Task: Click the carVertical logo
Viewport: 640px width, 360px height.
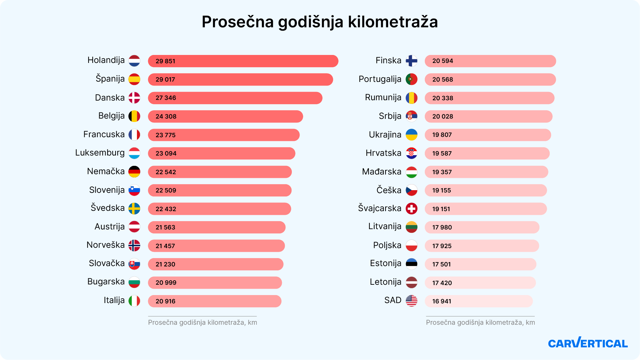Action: [x=588, y=343]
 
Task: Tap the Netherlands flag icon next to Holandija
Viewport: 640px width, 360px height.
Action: [x=134, y=61]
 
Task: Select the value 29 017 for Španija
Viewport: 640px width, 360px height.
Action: [x=165, y=80]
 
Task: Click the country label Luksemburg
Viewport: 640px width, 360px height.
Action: [x=100, y=153]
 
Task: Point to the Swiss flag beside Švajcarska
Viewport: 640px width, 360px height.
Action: [x=411, y=209]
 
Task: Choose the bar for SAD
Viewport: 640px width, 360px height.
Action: [x=478, y=301]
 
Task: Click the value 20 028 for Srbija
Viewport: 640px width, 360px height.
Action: [x=442, y=117]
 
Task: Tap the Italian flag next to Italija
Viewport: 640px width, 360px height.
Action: [x=134, y=301]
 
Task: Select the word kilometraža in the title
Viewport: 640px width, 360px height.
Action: [x=393, y=22]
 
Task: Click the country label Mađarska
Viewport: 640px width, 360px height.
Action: [x=381, y=172]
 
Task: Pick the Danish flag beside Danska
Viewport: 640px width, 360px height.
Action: [x=134, y=98]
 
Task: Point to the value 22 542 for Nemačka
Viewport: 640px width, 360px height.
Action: [x=166, y=172]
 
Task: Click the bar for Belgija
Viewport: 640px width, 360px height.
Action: [x=225, y=117]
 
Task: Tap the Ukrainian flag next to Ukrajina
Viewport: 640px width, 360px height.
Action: [x=411, y=135]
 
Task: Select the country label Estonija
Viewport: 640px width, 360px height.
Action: [x=385, y=263]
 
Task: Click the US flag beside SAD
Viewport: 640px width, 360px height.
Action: [x=411, y=301]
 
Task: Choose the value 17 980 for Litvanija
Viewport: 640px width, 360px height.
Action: [x=442, y=227]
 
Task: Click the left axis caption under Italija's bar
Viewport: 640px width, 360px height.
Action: [x=202, y=322]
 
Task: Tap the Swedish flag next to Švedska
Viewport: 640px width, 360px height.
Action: [x=134, y=209]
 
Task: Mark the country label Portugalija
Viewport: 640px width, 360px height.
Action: [x=380, y=79]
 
